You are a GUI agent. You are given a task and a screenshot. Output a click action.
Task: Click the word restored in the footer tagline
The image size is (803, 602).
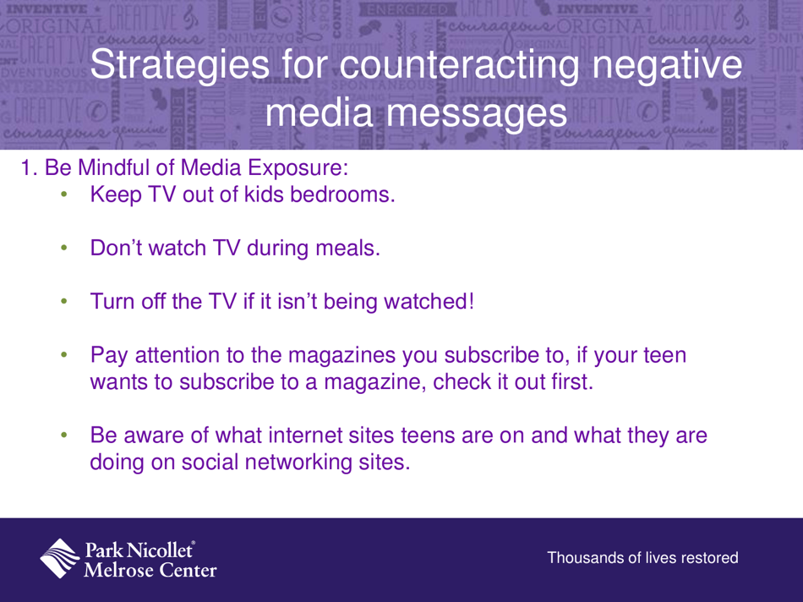(708, 558)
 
